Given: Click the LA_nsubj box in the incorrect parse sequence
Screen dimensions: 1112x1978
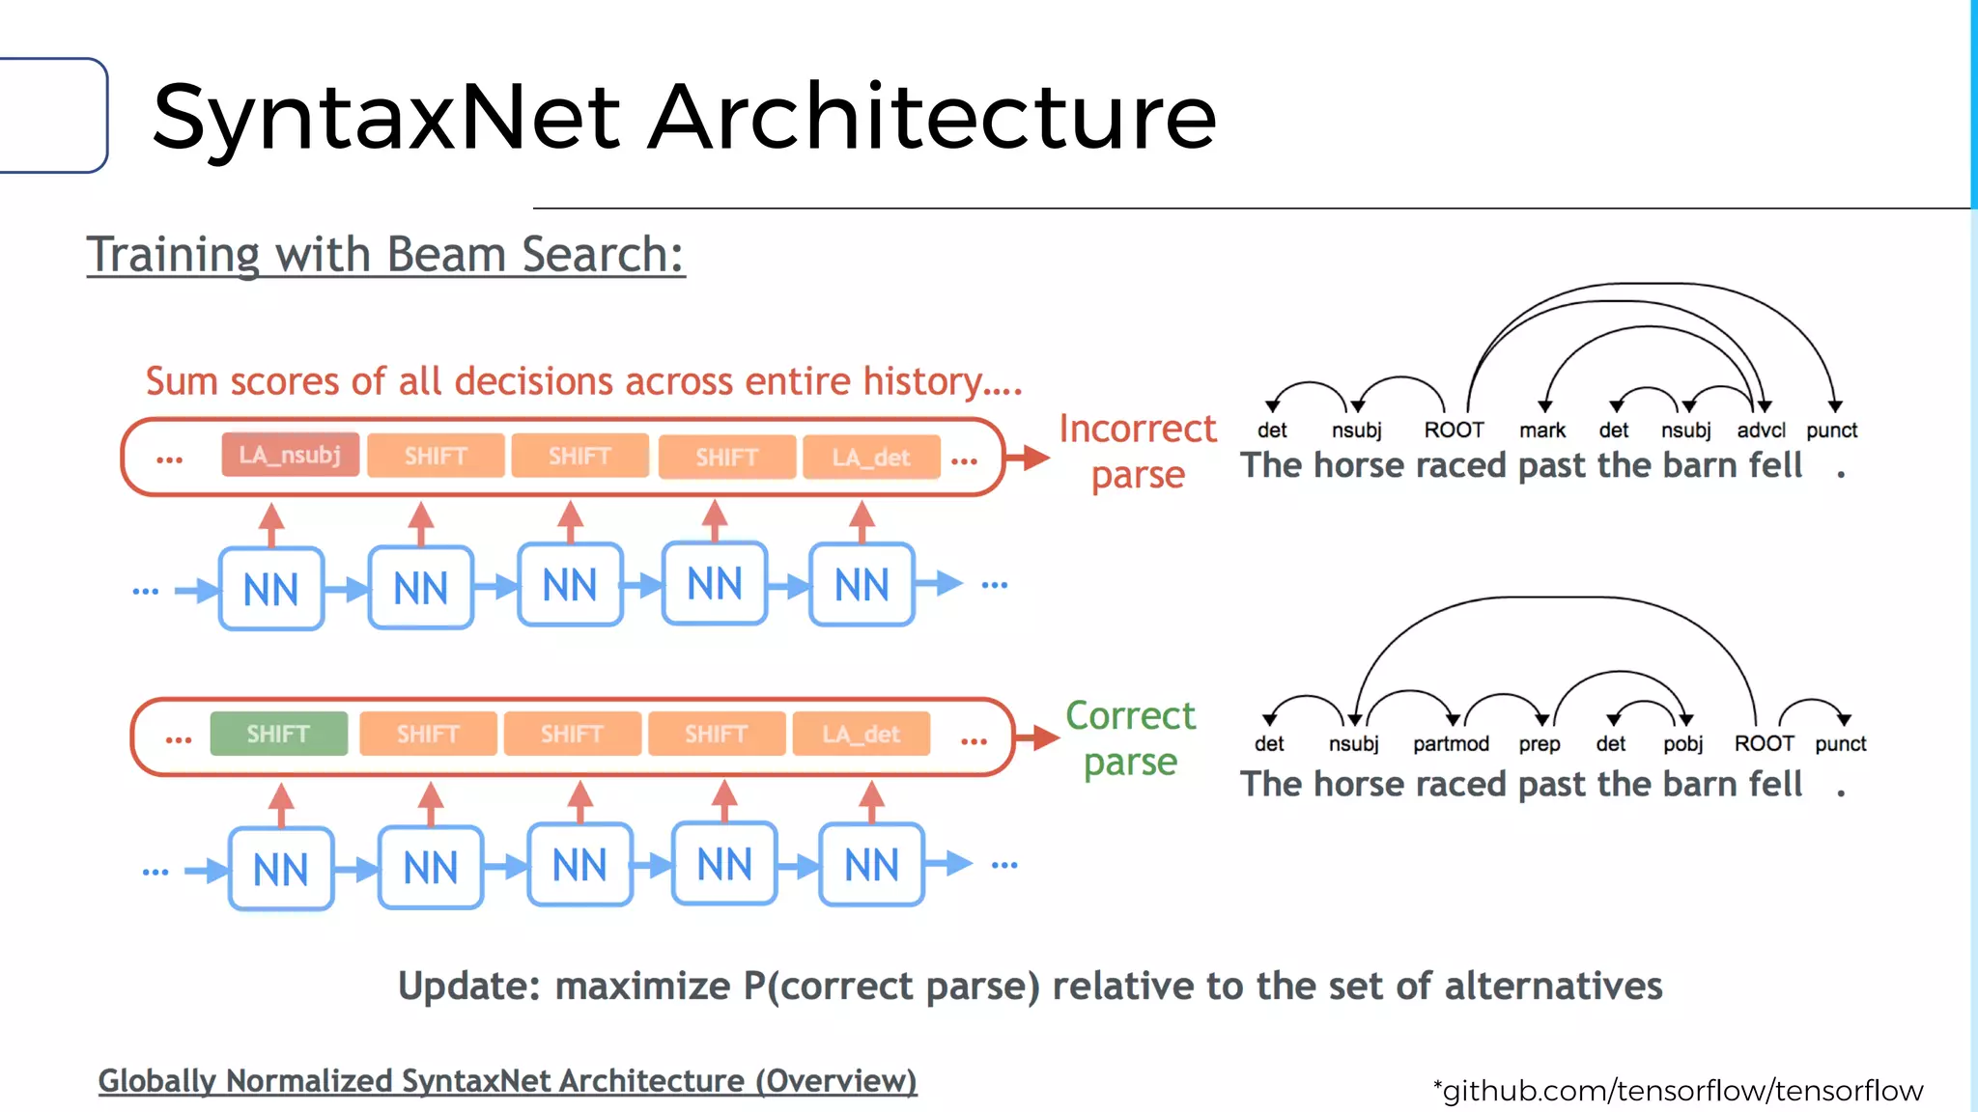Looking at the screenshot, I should coord(290,455).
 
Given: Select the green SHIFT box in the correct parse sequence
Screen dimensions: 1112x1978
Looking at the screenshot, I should coord(278,735).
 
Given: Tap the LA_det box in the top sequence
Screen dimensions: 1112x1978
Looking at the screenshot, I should coord(871,458).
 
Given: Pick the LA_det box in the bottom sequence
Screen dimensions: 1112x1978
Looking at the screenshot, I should coord(861,735).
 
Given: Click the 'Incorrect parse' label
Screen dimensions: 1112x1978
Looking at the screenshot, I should coord(1137,451).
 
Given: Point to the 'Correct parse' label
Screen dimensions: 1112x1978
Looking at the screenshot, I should coord(1130,738).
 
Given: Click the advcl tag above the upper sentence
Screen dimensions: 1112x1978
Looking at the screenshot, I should coord(1761,431).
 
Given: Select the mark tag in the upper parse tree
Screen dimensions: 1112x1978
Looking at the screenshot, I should coord(1541,431).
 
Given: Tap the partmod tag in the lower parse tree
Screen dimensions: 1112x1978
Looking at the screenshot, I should coord(1451,744).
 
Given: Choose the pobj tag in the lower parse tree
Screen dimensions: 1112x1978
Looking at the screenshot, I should coord(1682,744).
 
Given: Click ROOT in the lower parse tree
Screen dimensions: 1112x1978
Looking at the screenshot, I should coord(1764,743).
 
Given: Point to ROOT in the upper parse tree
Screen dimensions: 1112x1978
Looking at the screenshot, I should coord(1454,431).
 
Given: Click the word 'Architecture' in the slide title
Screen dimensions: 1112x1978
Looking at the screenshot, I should coord(931,118).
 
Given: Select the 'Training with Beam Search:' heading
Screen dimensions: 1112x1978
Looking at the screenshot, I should coord(385,255).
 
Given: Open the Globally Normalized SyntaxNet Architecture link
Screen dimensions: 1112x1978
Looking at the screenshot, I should coord(507,1081).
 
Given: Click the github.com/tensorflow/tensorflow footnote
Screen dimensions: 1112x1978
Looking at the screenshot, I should coord(1679,1091).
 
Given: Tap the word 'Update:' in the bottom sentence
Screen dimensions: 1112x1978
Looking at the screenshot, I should coord(468,987).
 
